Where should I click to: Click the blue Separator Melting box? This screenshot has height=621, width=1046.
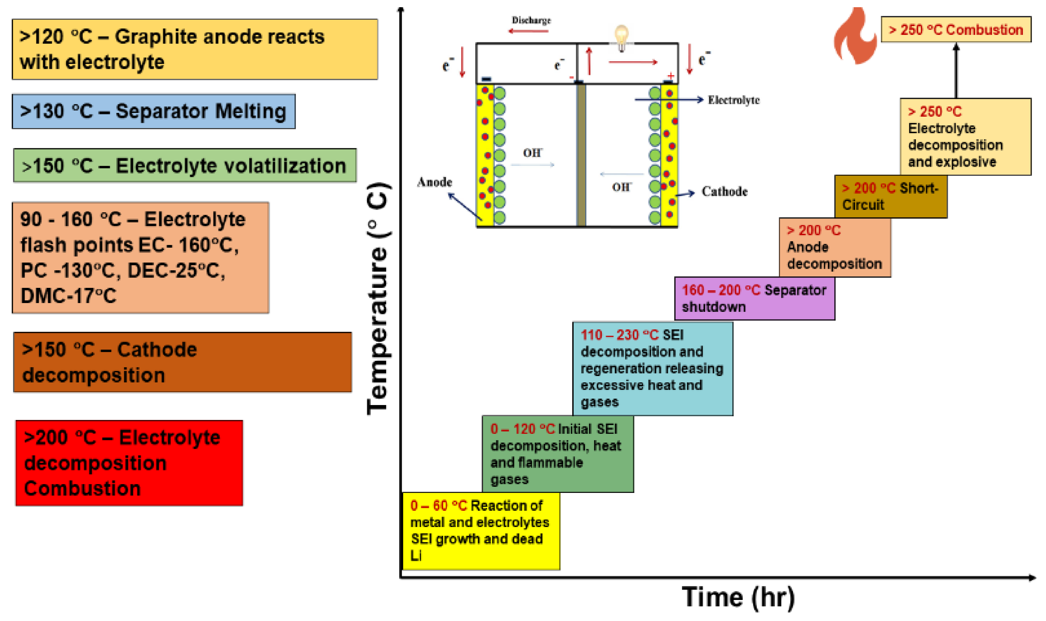[x=154, y=111]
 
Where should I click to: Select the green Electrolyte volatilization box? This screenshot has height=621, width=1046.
[x=185, y=165]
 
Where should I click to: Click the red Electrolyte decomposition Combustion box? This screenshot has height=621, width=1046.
[x=129, y=463]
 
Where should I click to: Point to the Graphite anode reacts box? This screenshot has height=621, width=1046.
[x=195, y=49]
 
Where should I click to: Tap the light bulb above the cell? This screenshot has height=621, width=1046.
[x=621, y=37]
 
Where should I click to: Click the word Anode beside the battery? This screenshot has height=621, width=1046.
[x=434, y=182]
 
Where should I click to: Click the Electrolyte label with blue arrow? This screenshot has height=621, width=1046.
[x=733, y=100]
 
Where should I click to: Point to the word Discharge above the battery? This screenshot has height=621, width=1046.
[x=531, y=20]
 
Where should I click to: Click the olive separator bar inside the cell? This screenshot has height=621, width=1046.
[x=581, y=155]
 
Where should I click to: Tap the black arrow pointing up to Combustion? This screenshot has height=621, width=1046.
[x=956, y=71]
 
